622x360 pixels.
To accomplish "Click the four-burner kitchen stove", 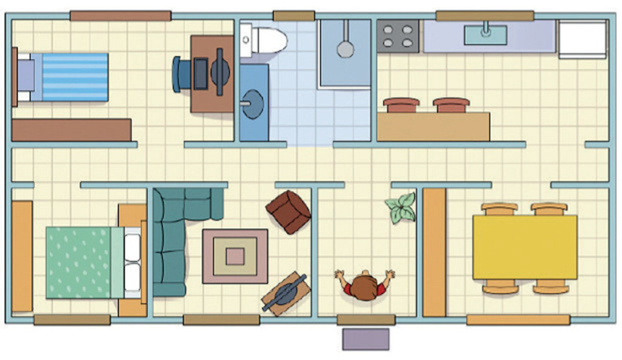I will [399, 35].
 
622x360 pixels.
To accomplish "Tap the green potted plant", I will [400, 207].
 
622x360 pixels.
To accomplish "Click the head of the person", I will [365, 286].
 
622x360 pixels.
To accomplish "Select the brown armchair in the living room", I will [288, 211].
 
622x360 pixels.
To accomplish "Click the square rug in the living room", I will [235, 256].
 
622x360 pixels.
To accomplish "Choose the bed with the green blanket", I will [79, 261].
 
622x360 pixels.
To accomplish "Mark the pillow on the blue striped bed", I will [25, 76].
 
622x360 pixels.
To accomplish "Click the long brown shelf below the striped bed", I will [72, 130].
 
